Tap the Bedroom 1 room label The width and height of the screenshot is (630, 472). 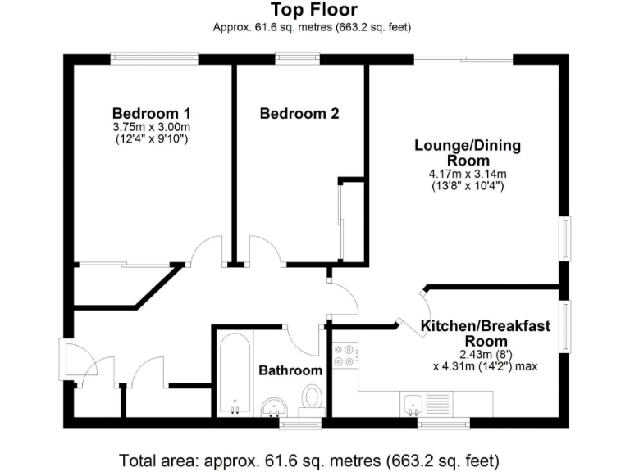pyautogui.click(x=152, y=113)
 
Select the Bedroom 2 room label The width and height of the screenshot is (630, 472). pyautogui.click(x=299, y=114)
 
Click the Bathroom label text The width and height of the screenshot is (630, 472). pyautogui.click(x=290, y=370)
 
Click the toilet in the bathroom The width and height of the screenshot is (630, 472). pyautogui.click(x=312, y=397)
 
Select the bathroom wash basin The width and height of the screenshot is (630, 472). pyautogui.click(x=272, y=406)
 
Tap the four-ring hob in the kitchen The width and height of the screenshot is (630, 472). pyautogui.click(x=345, y=354)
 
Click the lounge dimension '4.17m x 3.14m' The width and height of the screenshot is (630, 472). pyautogui.click(x=467, y=174)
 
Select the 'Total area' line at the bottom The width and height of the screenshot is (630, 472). pyautogui.click(x=309, y=459)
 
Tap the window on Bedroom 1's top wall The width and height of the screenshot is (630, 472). pyautogui.click(x=155, y=59)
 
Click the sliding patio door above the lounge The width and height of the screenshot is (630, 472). pyautogui.click(x=463, y=59)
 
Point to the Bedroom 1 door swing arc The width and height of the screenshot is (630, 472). pyautogui.click(x=207, y=247)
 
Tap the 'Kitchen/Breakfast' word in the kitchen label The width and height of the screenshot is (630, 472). pyautogui.click(x=485, y=326)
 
